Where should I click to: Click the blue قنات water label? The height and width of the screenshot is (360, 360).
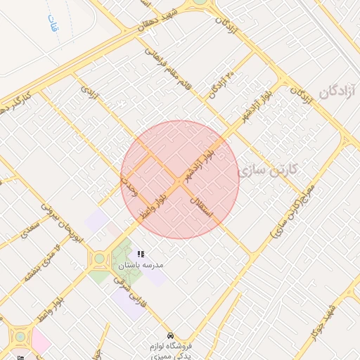(53, 27)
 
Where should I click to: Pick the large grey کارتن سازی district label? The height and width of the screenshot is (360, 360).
(269, 170)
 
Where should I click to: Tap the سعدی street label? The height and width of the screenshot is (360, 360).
(29, 229)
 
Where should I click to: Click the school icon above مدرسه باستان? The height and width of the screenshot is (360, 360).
(141, 254)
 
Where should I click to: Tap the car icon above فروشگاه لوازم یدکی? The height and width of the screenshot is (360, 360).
(170, 335)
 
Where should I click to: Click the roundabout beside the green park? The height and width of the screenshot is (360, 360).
(99, 258)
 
